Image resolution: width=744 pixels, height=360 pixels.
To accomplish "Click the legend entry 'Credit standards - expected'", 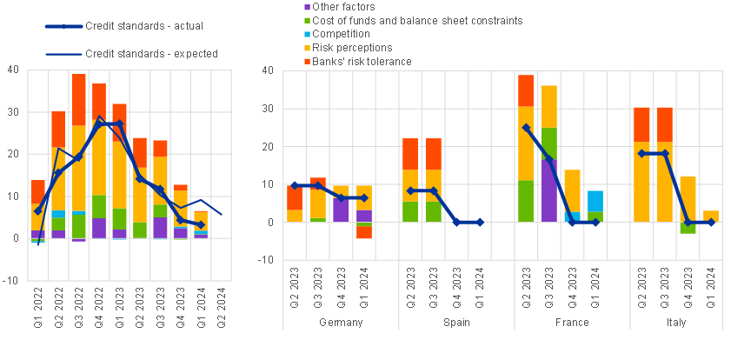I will click(x=151, y=54).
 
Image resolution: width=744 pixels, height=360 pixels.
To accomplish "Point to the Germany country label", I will click(x=341, y=323).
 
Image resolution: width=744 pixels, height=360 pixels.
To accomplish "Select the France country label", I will click(x=572, y=323).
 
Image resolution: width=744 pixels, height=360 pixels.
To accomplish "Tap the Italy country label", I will click(x=688, y=323).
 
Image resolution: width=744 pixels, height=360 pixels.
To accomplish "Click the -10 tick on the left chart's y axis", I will click(x=12, y=280).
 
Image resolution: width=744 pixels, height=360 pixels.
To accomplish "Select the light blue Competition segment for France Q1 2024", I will click(x=596, y=201).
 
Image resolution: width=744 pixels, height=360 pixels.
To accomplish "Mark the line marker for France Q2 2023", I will click(x=526, y=128).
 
